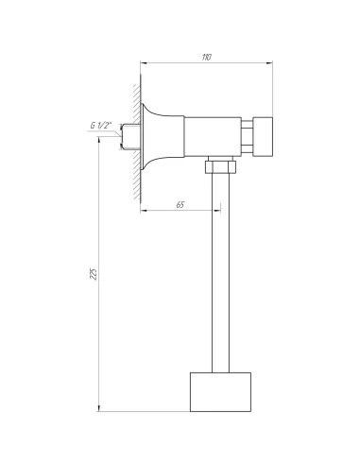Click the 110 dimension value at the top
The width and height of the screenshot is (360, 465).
[207, 57]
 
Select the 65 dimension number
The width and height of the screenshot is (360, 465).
[179, 203]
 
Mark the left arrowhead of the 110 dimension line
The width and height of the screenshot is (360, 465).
[146, 63]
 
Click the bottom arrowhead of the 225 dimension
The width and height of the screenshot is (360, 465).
[100, 409]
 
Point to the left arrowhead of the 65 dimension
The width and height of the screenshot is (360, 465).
[146, 210]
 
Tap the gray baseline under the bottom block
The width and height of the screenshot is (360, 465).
[189, 414]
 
